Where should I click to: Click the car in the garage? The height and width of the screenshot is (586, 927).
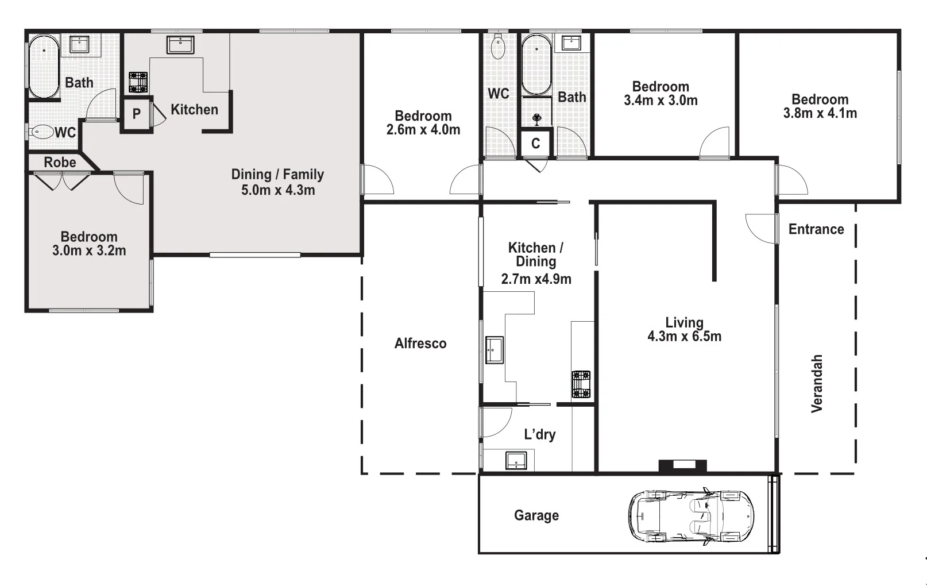point(691,516)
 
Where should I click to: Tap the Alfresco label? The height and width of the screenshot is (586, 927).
point(420,344)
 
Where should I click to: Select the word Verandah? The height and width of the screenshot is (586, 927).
point(817,383)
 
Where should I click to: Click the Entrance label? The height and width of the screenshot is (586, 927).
point(816,229)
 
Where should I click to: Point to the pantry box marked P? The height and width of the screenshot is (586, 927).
point(136,114)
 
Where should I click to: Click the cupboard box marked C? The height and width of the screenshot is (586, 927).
point(535,143)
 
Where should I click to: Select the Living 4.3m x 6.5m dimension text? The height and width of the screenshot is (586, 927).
point(684,336)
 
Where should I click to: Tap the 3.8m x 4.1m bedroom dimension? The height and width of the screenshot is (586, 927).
point(820,113)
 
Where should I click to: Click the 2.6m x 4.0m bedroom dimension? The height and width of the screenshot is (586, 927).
point(423,130)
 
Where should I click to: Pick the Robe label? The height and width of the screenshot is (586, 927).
point(60,163)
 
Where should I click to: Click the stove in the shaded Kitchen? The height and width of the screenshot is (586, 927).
point(138,82)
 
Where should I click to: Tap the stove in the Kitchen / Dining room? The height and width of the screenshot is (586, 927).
point(581,384)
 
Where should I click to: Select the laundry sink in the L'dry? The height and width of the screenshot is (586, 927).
point(516,460)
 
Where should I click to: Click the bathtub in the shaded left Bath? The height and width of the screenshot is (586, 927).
point(44,67)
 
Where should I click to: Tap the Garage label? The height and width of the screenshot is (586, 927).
point(536,515)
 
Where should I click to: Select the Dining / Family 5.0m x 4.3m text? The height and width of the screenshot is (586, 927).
point(277,182)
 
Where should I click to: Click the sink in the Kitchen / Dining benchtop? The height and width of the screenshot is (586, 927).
point(494,350)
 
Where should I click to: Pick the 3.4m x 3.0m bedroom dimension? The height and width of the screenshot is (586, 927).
point(661,101)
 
